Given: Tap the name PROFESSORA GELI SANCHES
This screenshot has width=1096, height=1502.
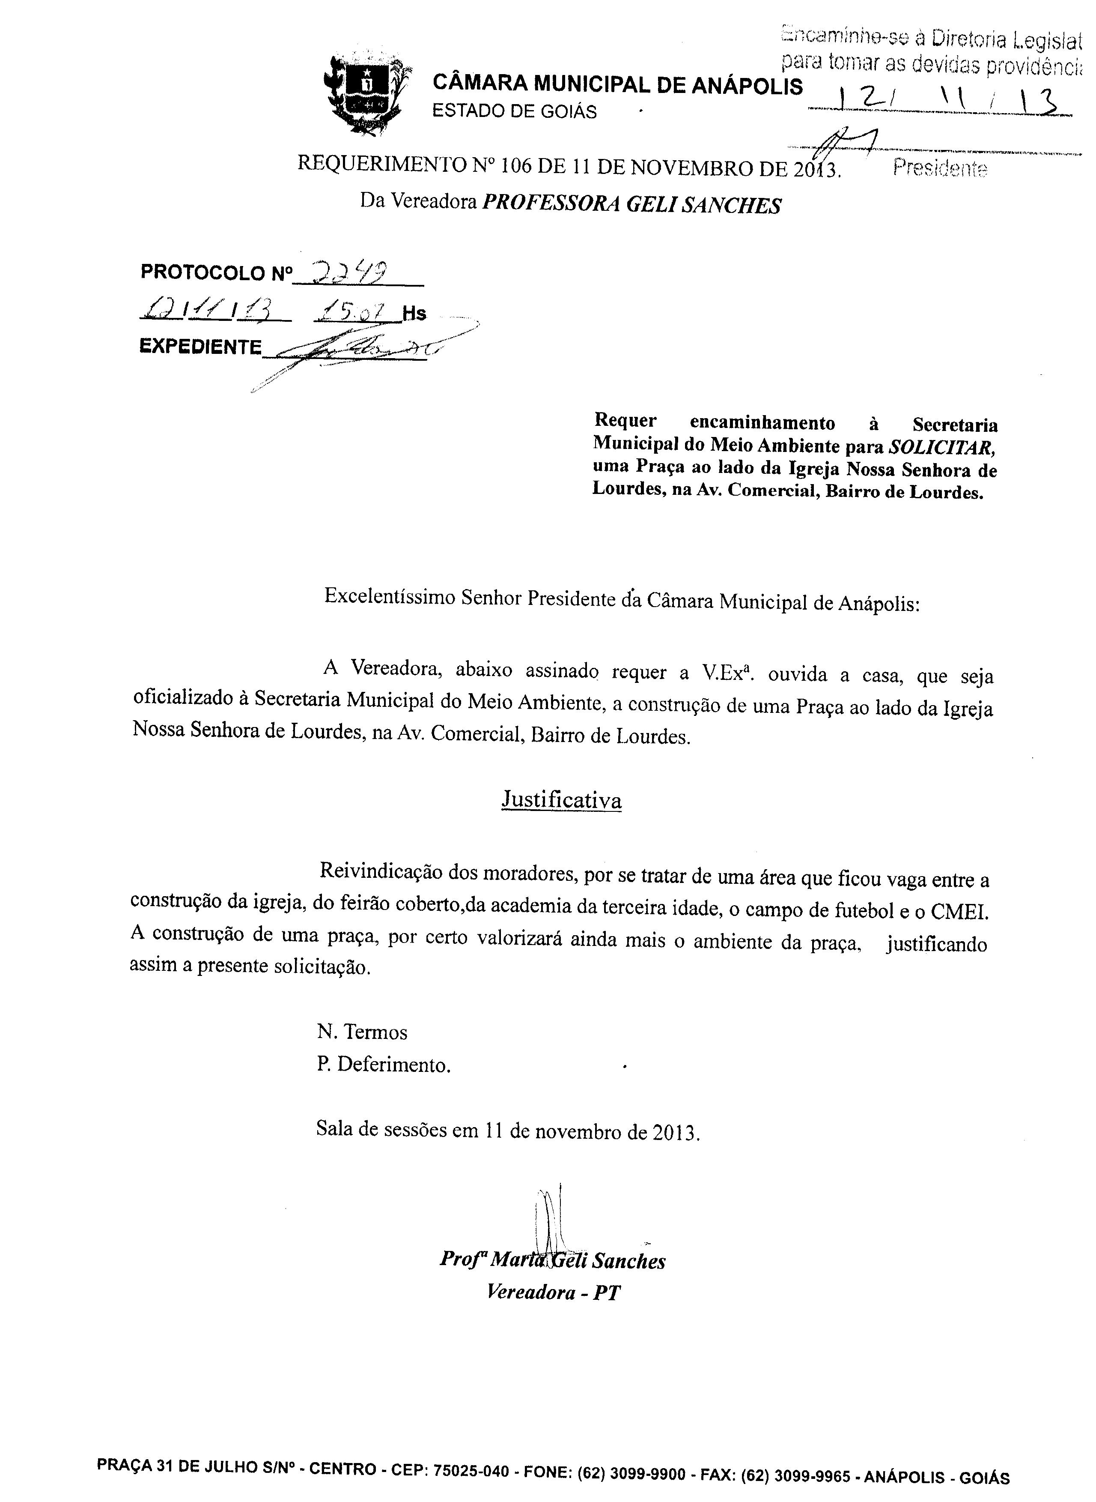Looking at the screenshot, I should point(631,205).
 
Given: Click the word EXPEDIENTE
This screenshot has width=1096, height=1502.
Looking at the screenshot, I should point(200,347).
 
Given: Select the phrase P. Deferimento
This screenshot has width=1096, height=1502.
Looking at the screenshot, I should point(384,1065).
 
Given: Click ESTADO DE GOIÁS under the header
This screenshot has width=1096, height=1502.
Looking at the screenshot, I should point(514,111).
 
